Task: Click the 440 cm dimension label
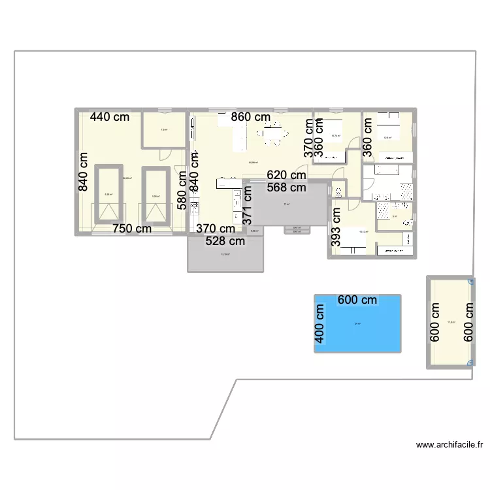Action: pyautogui.click(x=110, y=118)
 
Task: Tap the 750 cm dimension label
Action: pyautogui.click(x=132, y=229)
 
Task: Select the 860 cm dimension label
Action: pyautogui.click(x=251, y=118)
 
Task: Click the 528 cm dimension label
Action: pyautogui.click(x=226, y=241)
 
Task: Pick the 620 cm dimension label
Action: pyautogui.click(x=286, y=175)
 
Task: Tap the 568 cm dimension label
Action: pyautogui.click(x=286, y=188)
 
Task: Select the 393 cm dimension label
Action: pyautogui.click(x=336, y=227)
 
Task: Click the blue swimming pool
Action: pyautogui.click(x=357, y=327)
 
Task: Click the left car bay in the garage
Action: pyautogui.click(x=109, y=194)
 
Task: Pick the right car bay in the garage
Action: pyautogui.click(x=155, y=194)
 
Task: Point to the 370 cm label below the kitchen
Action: pyautogui.click(x=216, y=229)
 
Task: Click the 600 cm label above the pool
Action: pyautogui.click(x=357, y=300)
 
